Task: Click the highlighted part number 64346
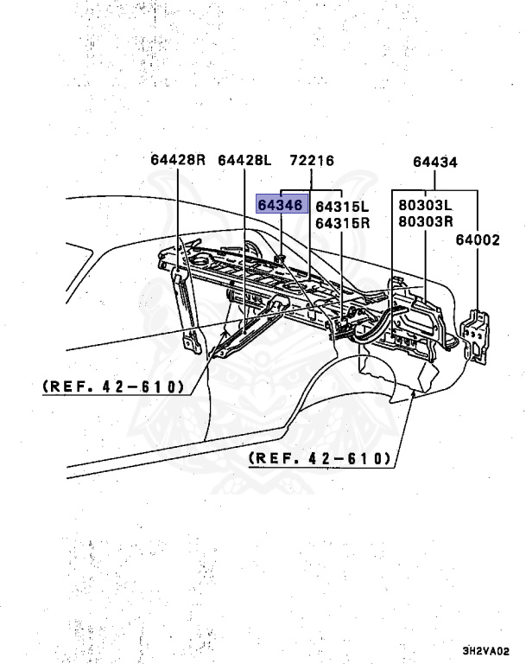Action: tap(281, 206)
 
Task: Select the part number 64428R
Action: tap(177, 160)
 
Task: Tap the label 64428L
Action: tap(244, 160)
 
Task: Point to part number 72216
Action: tap(312, 160)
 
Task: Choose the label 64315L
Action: tap(342, 207)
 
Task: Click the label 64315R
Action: tap(342, 222)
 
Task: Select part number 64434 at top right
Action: tap(434, 162)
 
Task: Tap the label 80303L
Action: tap(426, 206)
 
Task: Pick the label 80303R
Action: tap(426, 221)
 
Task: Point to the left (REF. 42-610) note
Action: tap(113, 386)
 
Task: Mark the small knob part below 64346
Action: tap(282, 258)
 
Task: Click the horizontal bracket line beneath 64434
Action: tap(434, 190)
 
